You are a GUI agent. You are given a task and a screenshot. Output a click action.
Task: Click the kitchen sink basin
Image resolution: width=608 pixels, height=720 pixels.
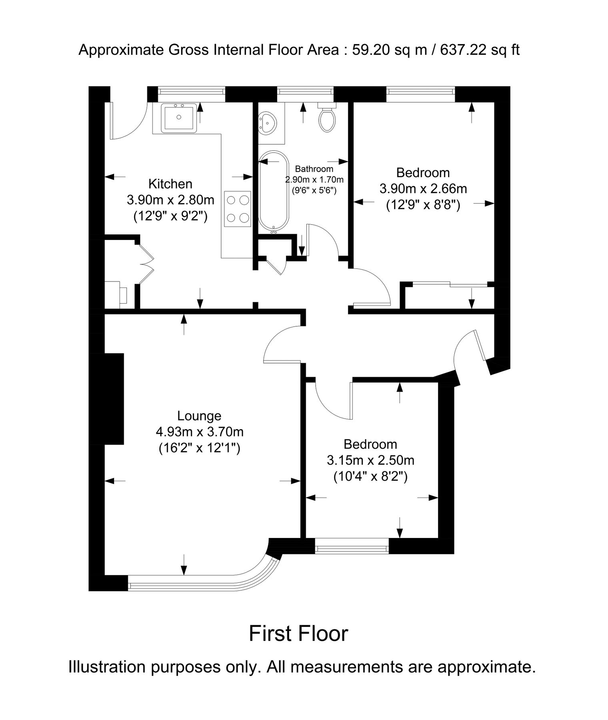point(178,118)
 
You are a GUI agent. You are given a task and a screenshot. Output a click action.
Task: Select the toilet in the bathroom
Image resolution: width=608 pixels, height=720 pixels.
point(327,119)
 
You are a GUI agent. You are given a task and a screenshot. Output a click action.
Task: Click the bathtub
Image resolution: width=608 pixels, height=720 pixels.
point(274,192)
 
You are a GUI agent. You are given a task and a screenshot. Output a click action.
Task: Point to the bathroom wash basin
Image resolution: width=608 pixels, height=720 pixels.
point(267,122)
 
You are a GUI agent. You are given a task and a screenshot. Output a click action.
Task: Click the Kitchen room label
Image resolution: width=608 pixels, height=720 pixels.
point(170,184)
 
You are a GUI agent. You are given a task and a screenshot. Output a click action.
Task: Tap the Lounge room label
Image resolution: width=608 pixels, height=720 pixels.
point(199,416)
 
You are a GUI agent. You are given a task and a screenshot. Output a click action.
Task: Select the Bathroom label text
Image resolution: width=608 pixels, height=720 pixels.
point(314,169)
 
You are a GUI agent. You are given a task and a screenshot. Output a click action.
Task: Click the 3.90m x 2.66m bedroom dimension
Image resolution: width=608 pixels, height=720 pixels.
point(423,188)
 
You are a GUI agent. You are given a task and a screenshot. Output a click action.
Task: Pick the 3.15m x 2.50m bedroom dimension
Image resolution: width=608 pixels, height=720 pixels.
point(370,460)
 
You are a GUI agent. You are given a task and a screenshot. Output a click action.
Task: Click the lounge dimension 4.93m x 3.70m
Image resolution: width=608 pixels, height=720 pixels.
point(199,432)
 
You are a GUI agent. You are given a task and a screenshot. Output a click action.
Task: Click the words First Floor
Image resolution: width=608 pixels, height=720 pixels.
point(298,634)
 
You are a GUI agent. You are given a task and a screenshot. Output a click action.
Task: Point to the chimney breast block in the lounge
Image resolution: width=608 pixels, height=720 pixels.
point(114,399)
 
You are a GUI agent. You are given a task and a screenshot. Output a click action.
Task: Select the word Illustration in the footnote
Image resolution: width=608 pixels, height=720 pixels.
point(107,667)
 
